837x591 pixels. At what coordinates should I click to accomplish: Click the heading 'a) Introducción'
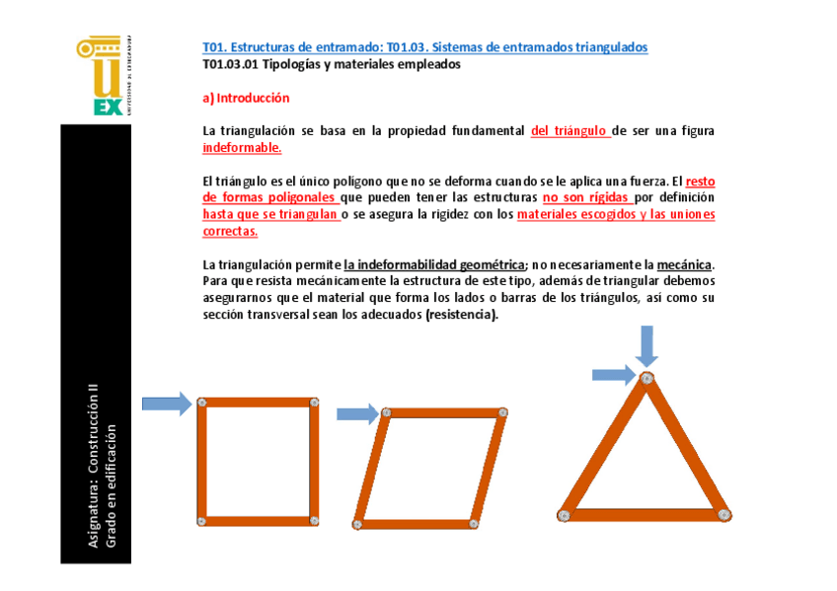[x=246, y=99]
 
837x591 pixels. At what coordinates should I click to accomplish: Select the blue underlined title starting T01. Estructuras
[x=424, y=47]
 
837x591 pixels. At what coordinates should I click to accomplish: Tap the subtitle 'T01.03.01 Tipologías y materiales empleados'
[x=331, y=64]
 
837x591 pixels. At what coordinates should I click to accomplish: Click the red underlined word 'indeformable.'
[x=242, y=147]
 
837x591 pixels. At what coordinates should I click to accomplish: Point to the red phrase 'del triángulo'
[x=570, y=130]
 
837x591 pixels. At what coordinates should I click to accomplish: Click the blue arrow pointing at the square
[x=167, y=403]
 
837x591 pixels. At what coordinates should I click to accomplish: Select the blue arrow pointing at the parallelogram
[x=357, y=413]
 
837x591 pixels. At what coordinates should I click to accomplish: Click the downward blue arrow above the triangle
[x=647, y=345]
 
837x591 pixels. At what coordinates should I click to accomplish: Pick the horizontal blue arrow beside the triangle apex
[x=615, y=374]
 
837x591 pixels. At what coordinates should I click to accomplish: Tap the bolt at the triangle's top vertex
[x=647, y=379]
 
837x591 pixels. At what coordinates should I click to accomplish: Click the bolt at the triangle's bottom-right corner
[x=723, y=513]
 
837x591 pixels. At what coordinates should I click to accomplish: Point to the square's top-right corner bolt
[x=314, y=402]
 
